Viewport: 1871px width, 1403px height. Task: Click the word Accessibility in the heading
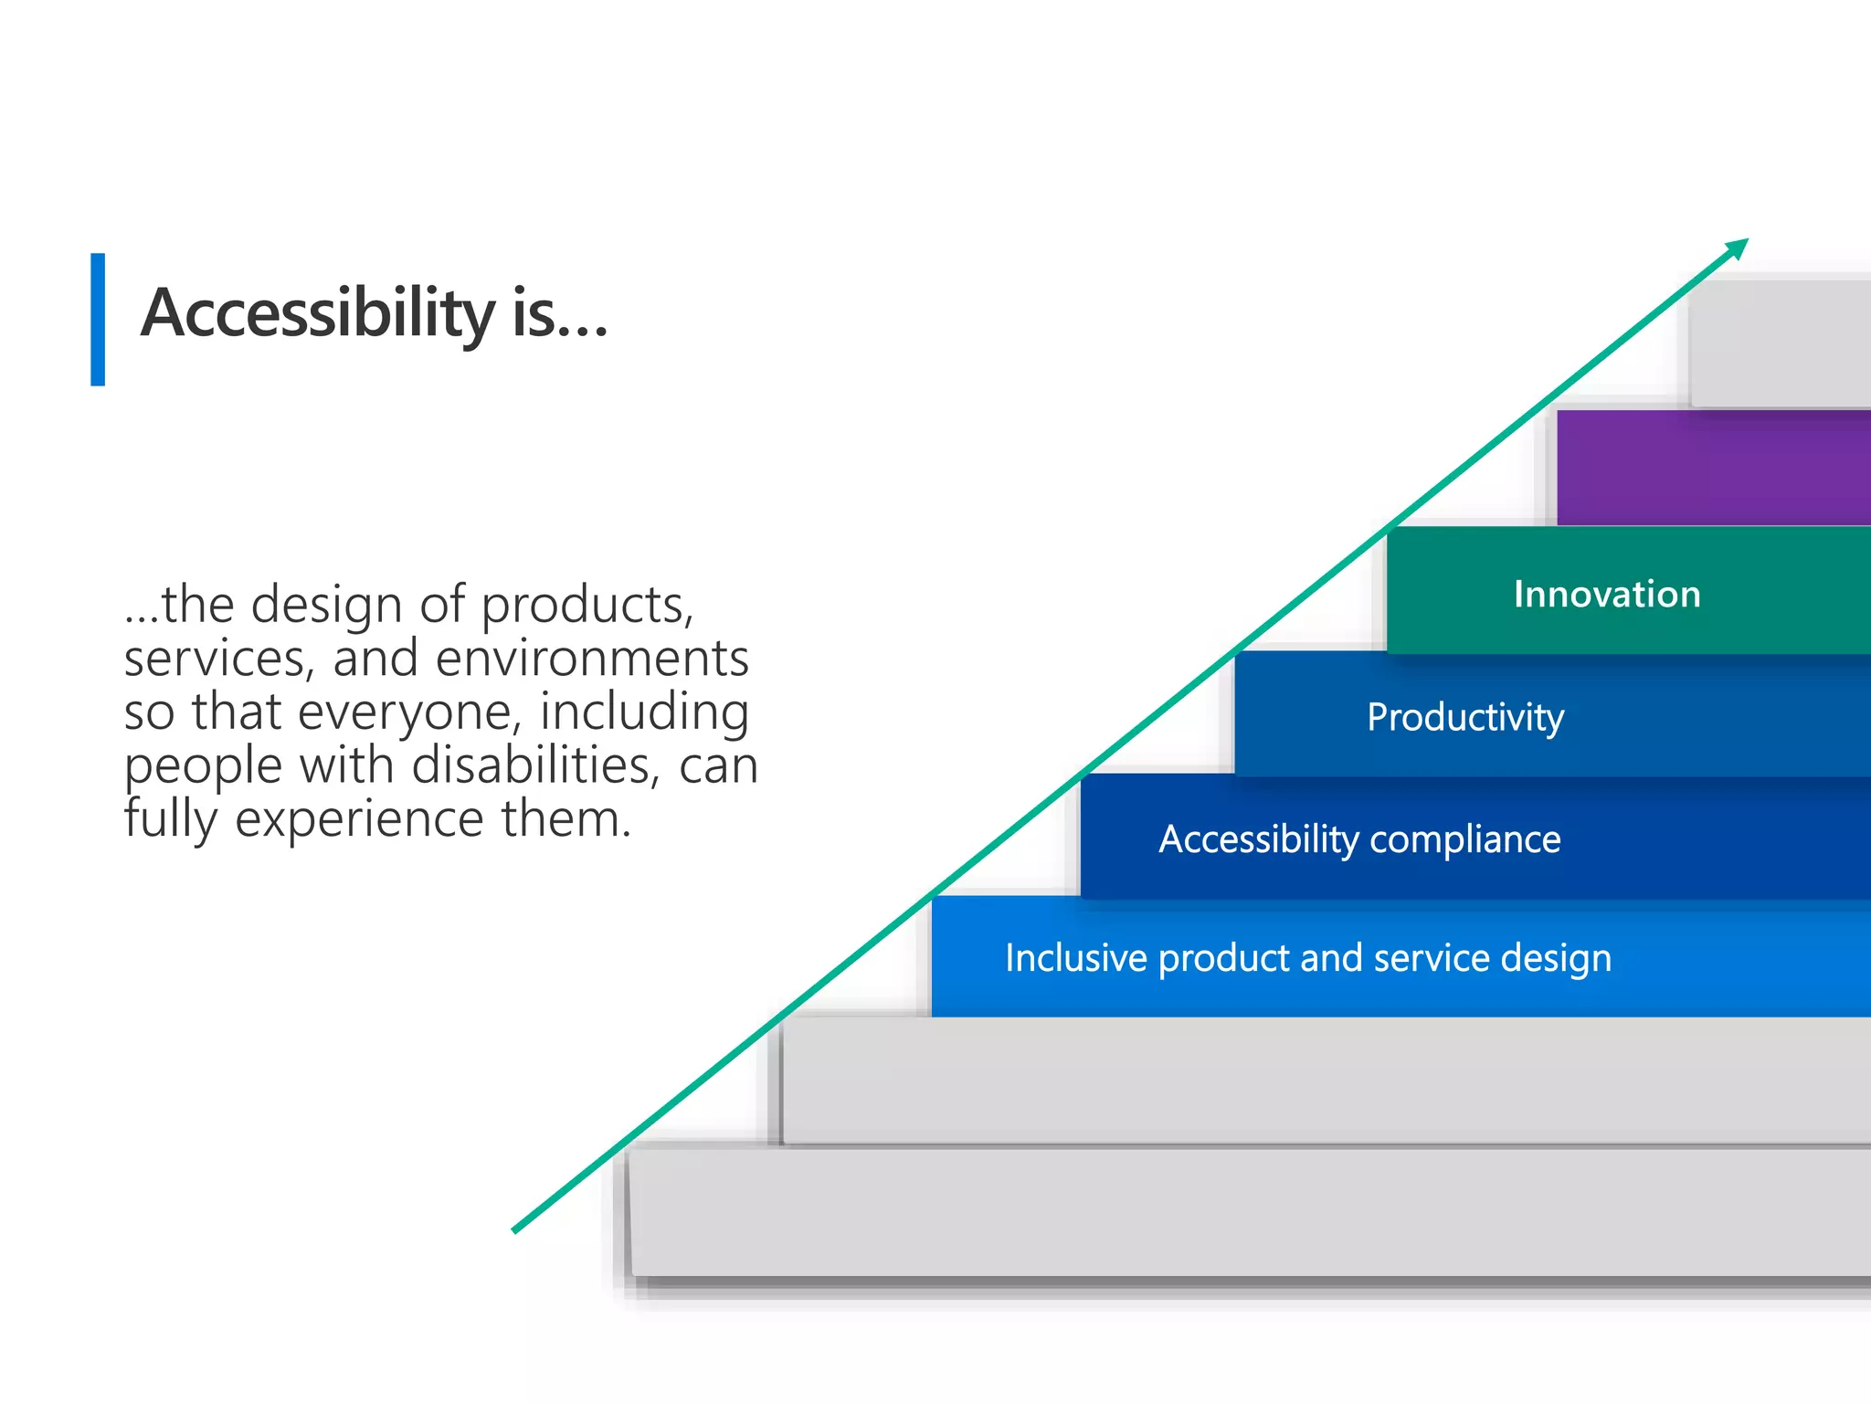[317, 313]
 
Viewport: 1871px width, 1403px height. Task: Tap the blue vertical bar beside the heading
[98, 320]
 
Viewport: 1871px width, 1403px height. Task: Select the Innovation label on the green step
[1607, 594]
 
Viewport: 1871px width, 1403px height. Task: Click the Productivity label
[1465, 717]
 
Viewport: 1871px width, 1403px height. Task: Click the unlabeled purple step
[1713, 468]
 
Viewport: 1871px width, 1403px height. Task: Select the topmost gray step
[1780, 343]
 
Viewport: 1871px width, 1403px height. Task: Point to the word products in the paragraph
[587, 606]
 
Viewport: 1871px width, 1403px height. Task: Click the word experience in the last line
[360, 819]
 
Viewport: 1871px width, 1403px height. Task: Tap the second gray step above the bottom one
[1325, 1081]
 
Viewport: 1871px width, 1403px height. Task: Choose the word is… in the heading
[559, 313]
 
